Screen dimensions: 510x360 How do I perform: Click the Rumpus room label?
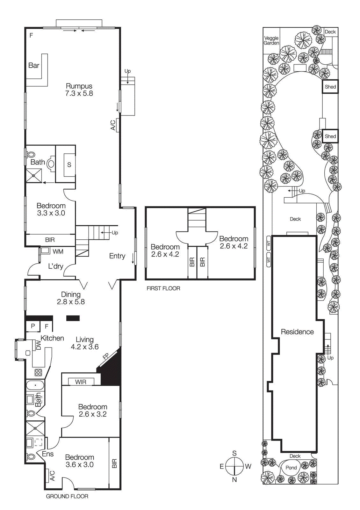click(79, 86)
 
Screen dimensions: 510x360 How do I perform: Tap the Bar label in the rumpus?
click(34, 65)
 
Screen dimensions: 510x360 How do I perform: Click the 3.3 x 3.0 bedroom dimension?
click(51, 213)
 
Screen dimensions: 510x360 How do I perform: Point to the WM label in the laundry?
click(58, 251)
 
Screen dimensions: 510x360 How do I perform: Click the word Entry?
click(117, 256)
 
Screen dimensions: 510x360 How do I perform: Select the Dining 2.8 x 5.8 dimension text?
click(71, 302)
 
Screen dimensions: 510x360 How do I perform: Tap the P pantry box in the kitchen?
click(33, 326)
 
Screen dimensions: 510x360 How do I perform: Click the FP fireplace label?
click(106, 356)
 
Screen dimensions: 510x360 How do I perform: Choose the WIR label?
click(81, 382)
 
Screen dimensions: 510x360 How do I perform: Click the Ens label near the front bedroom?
click(48, 454)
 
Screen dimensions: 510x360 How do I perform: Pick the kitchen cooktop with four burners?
click(38, 372)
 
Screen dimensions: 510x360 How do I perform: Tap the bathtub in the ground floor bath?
click(35, 386)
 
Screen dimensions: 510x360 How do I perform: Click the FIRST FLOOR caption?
click(163, 288)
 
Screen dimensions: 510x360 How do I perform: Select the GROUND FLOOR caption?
click(67, 496)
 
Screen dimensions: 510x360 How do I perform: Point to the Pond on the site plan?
click(291, 468)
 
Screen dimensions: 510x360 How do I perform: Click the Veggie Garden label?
click(271, 40)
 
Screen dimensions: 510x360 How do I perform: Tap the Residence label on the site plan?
click(297, 332)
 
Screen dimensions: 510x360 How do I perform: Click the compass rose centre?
click(234, 466)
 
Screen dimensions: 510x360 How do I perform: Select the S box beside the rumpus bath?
click(69, 165)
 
